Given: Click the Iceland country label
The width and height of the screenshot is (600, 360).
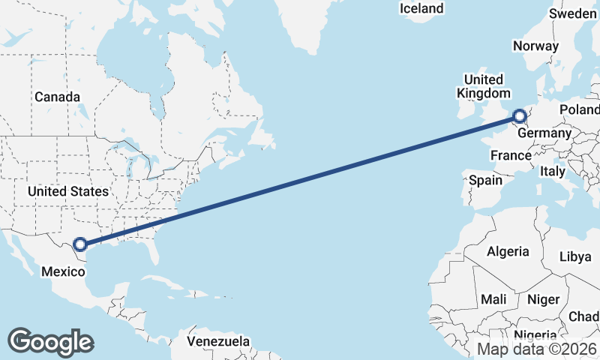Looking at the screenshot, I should [x=421, y=8].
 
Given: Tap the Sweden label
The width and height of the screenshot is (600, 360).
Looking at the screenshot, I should [x=573, y=13].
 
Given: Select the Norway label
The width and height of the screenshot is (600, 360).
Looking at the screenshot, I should [x=535, y=46].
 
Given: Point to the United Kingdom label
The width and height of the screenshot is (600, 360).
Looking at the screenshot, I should [x=484, y=86].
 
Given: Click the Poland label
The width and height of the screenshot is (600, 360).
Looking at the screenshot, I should [x=580, y=109].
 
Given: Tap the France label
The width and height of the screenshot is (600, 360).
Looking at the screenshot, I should [x=511, y=155].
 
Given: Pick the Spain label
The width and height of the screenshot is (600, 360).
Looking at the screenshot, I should [x=485, y=180].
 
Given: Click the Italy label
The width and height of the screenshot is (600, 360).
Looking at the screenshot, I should [x=553, y=171].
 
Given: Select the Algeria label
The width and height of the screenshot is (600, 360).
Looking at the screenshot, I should [x=508, y=251].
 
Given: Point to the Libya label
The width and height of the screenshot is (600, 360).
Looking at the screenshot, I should [x=575, y=256].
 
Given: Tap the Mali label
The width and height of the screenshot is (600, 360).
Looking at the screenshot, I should [x=493, y=299].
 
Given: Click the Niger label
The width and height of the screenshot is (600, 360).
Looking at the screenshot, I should [x=543, y=299].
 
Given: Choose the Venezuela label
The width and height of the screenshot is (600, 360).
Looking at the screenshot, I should [x=218, y=341].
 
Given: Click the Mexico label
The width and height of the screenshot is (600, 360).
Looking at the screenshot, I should [x=62, y=271].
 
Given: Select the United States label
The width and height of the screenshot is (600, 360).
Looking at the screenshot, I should [x=68, y=192].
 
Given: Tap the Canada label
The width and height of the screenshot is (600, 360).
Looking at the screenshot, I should [x=57, y=97].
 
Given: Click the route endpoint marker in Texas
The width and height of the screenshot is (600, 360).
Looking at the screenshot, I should [x=80, y=244].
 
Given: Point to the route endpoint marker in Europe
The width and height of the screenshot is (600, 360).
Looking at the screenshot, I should [x=519, y=115].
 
